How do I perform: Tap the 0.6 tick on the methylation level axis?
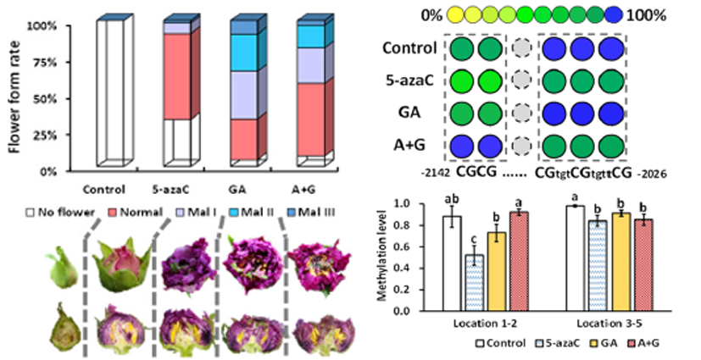[417, 247]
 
